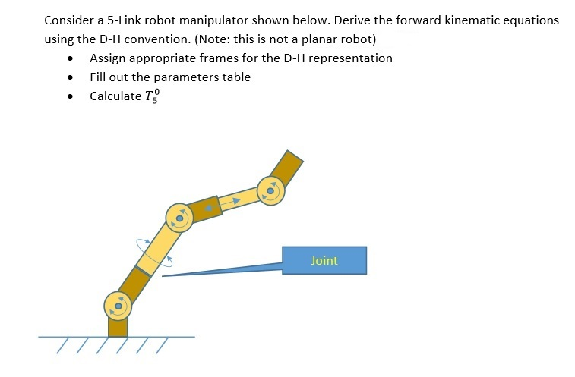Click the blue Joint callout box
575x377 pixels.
(324, 260)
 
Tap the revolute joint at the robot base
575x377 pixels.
(118, 306)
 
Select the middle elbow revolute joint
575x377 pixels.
(179, 218)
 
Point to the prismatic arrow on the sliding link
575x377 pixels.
(235, 201)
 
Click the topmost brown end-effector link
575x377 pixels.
(287, 166)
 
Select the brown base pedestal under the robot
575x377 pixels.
(118, 327)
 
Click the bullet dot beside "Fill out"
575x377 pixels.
(71, 77)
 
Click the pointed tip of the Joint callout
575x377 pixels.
(163, 276)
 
